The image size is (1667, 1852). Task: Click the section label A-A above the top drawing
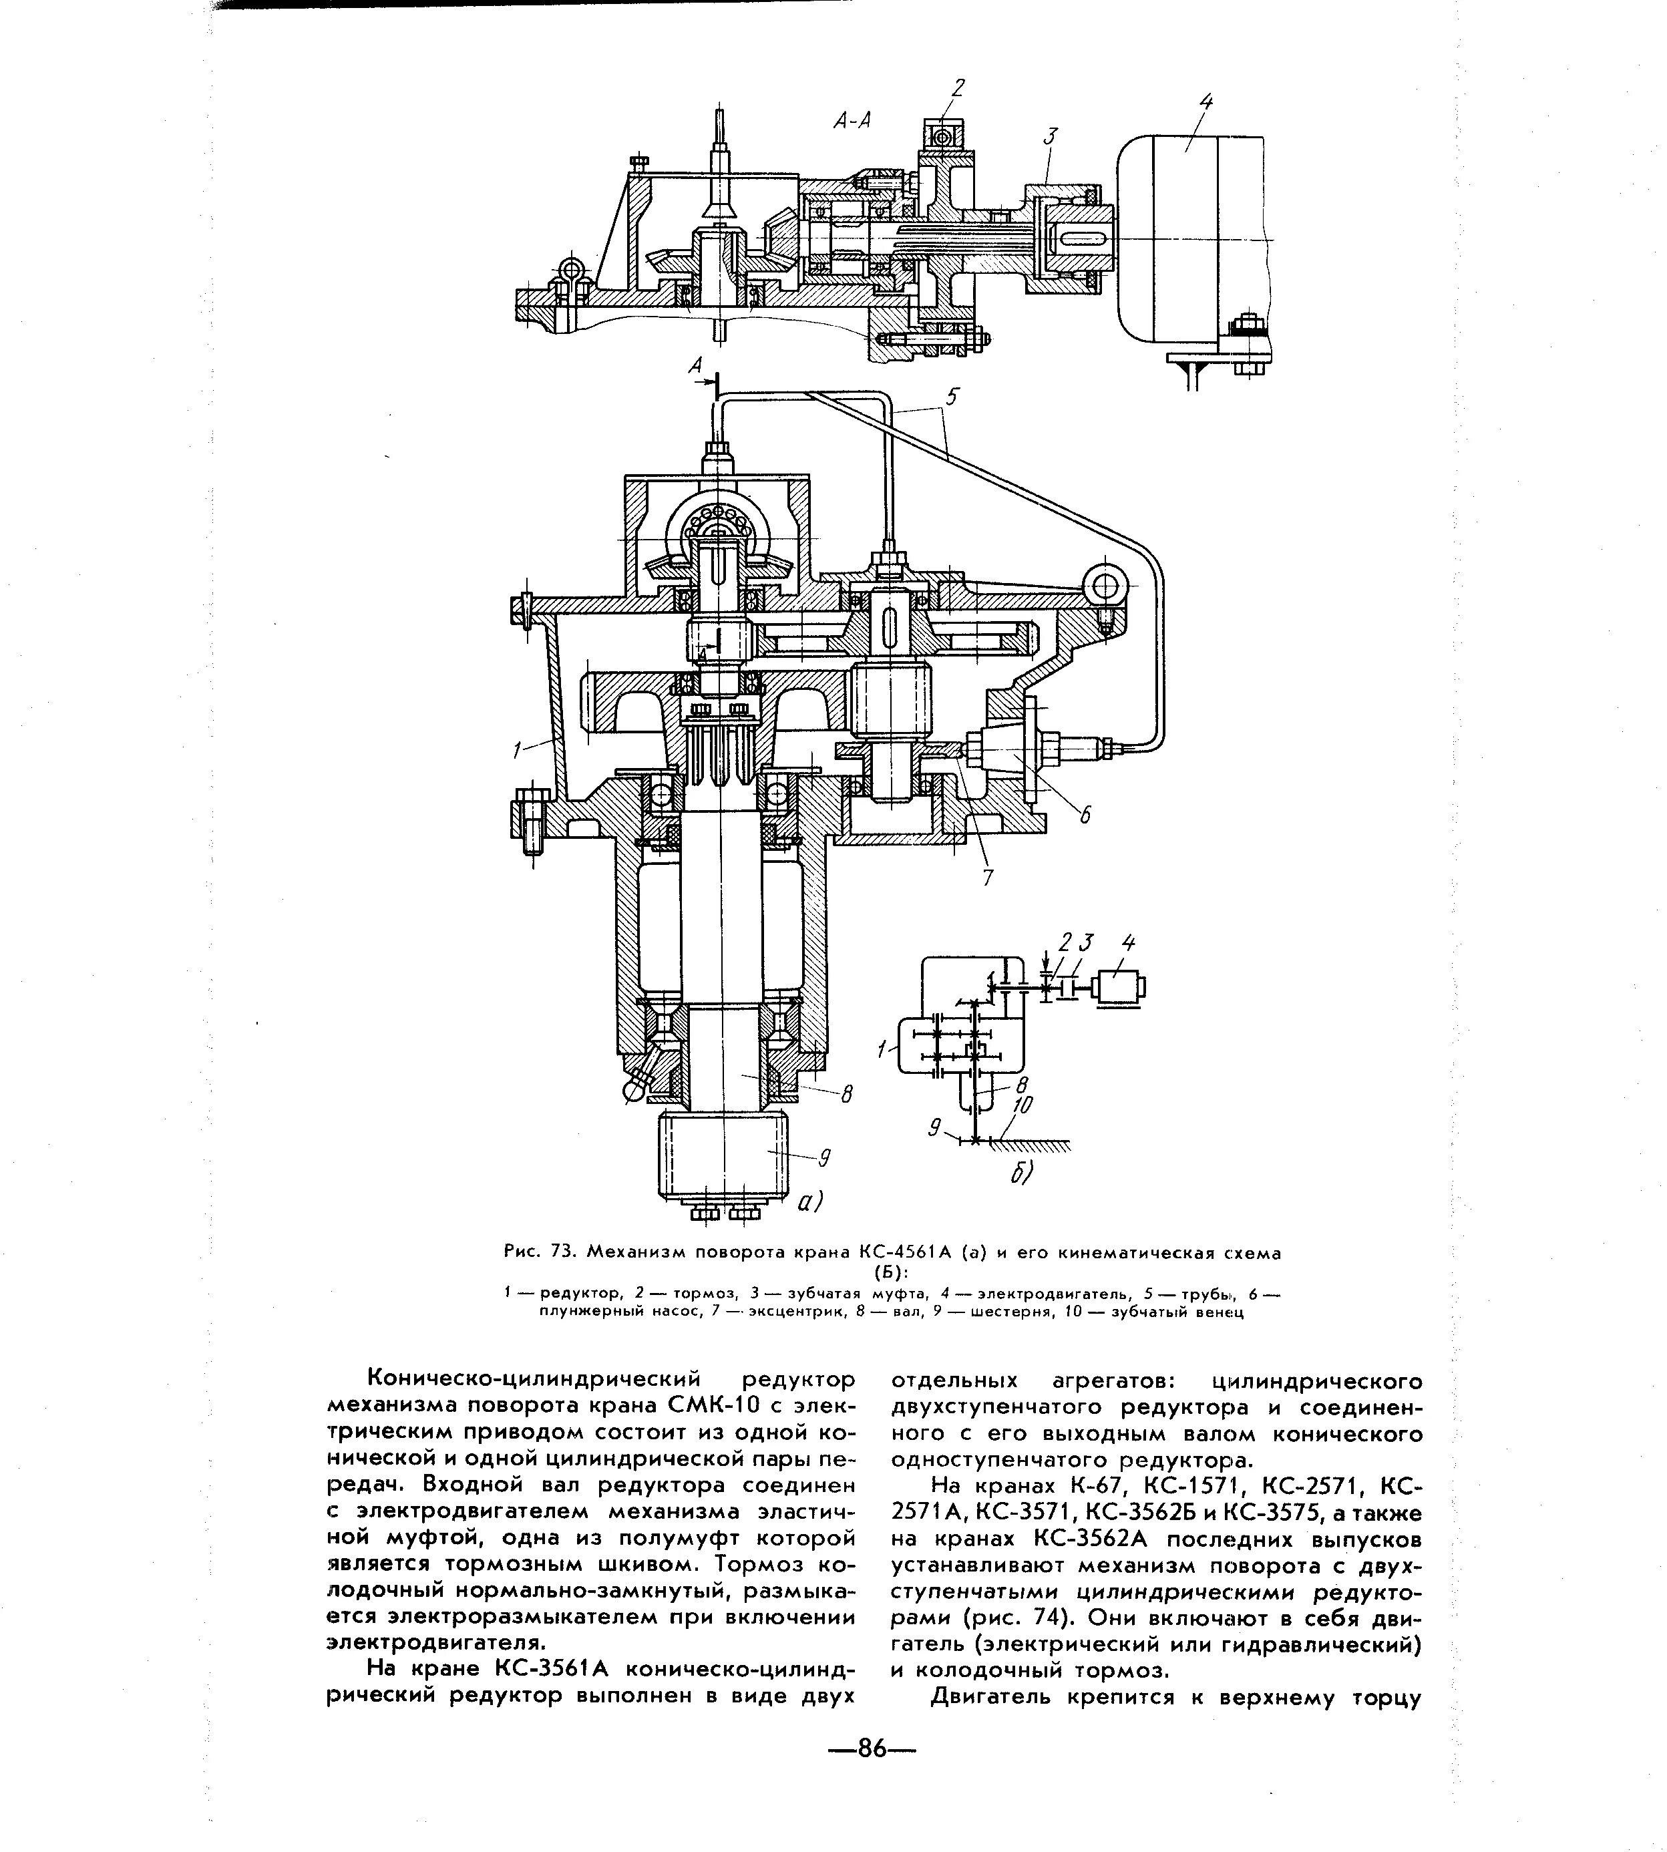click(x=851, y=121)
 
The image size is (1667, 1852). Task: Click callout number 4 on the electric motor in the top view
click(x=1206, y=103)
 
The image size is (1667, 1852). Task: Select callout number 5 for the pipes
click(x=952, y=397)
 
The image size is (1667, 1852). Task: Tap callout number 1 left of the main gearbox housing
click(x=520, y=750)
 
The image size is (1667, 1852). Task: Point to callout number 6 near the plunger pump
click(x=1085, y=814)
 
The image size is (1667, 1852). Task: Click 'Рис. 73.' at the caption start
click(x=540, y=1252)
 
